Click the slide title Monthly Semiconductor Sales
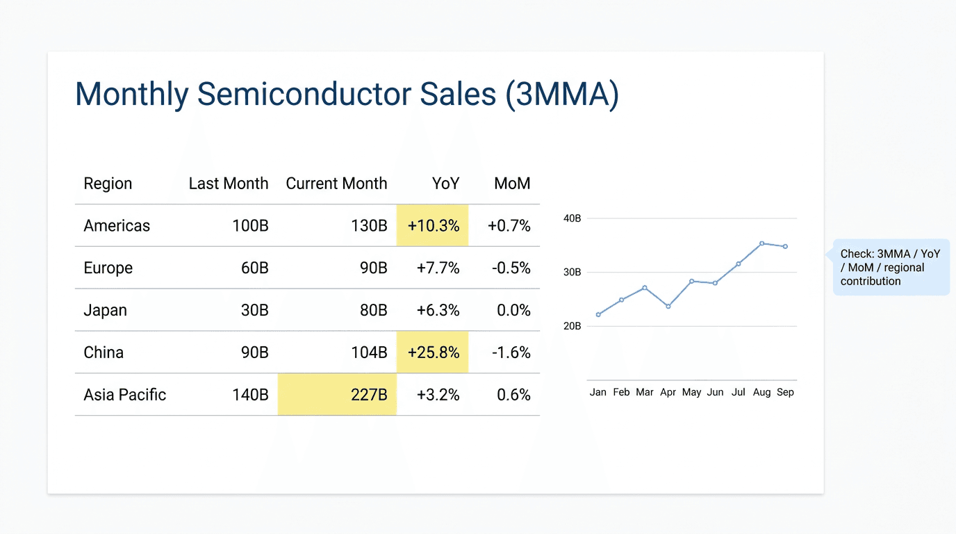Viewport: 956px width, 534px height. click(x=346, y=95)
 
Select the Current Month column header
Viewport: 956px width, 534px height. click(x=336, y=184)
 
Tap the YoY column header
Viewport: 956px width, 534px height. click(x=445, y=184)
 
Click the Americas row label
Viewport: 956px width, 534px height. click(x=117, y=226)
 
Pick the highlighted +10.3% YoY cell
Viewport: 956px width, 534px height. click(x=433, y=226)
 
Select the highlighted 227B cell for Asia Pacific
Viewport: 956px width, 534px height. click(x=338, y=395)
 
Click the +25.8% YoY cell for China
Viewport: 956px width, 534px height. click(x=433, y=353)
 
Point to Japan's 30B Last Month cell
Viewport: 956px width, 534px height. click(x=254, y=310)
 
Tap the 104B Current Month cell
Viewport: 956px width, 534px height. click(x=369, y=353)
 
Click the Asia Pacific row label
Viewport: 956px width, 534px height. click(x=125, y=395)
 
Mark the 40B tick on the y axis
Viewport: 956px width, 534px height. click(x=572, y=218)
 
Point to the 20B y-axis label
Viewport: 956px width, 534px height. click(x=572, y=326)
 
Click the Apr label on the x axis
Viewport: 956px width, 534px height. click(x=668, y=392)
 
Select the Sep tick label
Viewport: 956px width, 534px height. click(x=785, y=392)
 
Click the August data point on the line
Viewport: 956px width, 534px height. click(x=762, y=243)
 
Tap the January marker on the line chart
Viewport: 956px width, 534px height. click(x=598, y=315)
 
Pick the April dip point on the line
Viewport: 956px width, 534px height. click(x=668, y=307)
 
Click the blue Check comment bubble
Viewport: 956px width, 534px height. click(x=891, y=268)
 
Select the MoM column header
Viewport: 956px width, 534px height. click(x=512, y=184)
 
